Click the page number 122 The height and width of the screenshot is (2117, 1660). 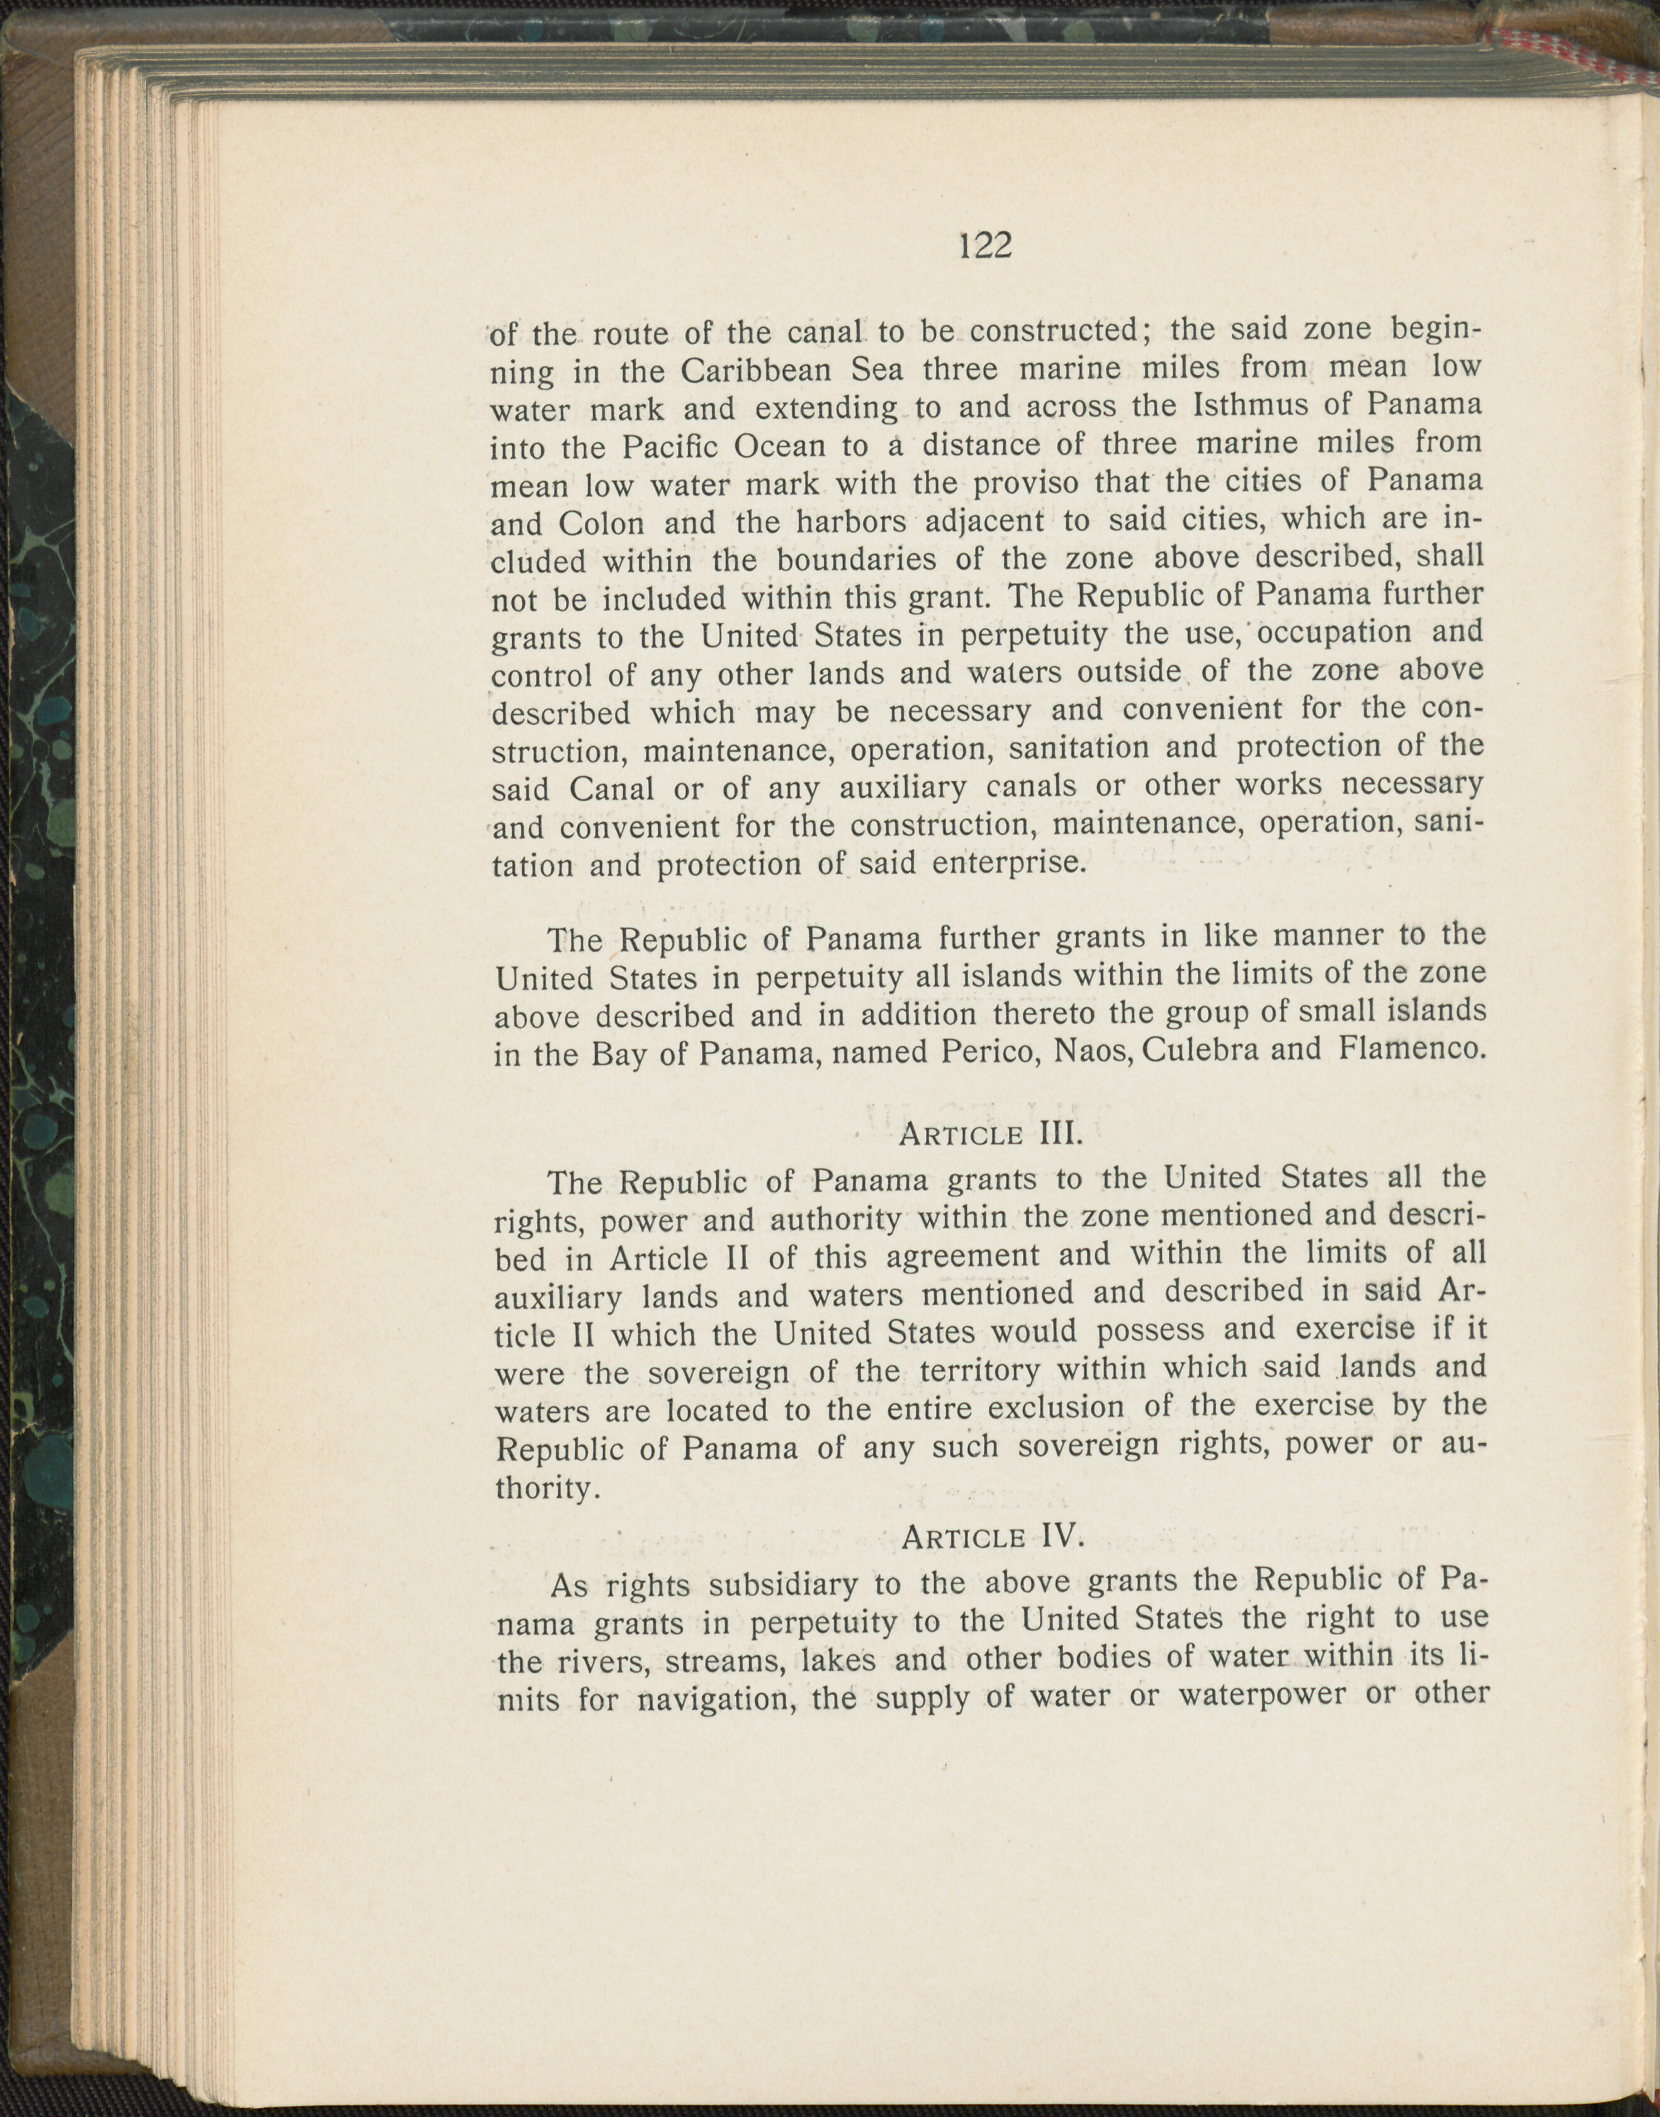tap(985, 246)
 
